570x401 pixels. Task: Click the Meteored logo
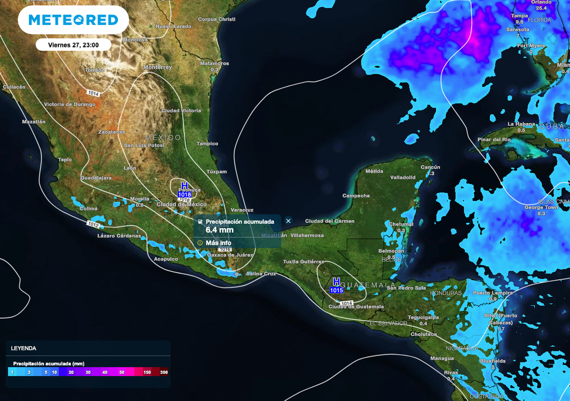[73, 20]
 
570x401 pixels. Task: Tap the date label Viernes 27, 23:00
[73, 45]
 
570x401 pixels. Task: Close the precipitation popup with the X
[288, 221]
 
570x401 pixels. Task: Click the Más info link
[218, 243]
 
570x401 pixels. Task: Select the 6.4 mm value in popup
[219, 229]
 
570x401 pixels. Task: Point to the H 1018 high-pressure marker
[184, 190]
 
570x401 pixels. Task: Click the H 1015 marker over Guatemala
[336, 286]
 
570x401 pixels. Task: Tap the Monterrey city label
[158, 67]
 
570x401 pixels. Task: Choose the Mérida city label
[374, 172]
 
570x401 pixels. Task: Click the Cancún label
[430, 167]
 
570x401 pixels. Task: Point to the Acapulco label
[166, 259]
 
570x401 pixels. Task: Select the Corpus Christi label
[217, 19]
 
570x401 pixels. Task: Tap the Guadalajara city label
[96, 178]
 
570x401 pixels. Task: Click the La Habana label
[521, 124]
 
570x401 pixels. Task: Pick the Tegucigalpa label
[423, 317]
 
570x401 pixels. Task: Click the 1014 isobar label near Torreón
[93, 94]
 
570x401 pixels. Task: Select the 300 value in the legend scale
[164, 372]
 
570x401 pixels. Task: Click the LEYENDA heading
[23, 348]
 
